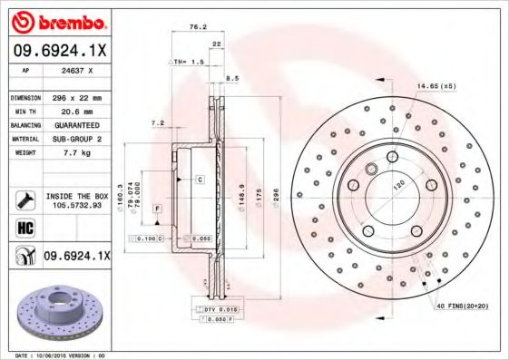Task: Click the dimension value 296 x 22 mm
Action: point(75,97)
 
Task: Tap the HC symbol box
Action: point(24,228)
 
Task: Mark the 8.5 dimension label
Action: point(231,78)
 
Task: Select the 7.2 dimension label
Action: point(157,122)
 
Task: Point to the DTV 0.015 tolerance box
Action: point(220,310)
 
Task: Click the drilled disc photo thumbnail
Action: point(56,310)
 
